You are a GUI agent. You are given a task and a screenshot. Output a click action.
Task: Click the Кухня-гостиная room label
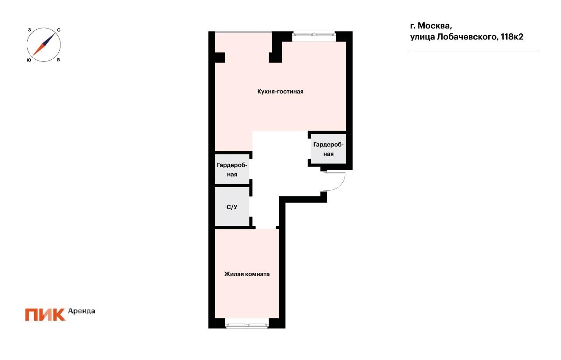280,92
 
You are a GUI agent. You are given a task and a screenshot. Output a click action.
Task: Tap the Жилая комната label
247,274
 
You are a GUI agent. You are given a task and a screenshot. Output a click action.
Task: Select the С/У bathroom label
232,207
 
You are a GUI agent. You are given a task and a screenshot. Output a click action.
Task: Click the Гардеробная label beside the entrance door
328,150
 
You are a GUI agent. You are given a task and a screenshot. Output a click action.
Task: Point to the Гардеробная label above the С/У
232,170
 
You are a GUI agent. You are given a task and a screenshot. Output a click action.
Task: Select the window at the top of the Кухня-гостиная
314,36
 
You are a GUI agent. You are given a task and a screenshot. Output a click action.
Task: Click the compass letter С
59,30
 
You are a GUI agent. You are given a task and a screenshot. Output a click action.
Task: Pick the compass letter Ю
29,60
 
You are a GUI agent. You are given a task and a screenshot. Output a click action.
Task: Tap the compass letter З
29,30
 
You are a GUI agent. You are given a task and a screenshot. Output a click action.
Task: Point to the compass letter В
58,60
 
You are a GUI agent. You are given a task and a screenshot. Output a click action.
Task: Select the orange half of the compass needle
38,50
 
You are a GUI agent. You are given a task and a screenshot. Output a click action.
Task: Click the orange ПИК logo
45,315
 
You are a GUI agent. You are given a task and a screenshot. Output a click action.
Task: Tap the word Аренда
82,311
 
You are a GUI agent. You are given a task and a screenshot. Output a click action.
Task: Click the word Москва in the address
435,26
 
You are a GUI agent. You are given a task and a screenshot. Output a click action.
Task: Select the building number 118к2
512,37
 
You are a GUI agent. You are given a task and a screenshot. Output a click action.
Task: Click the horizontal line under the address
475,52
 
